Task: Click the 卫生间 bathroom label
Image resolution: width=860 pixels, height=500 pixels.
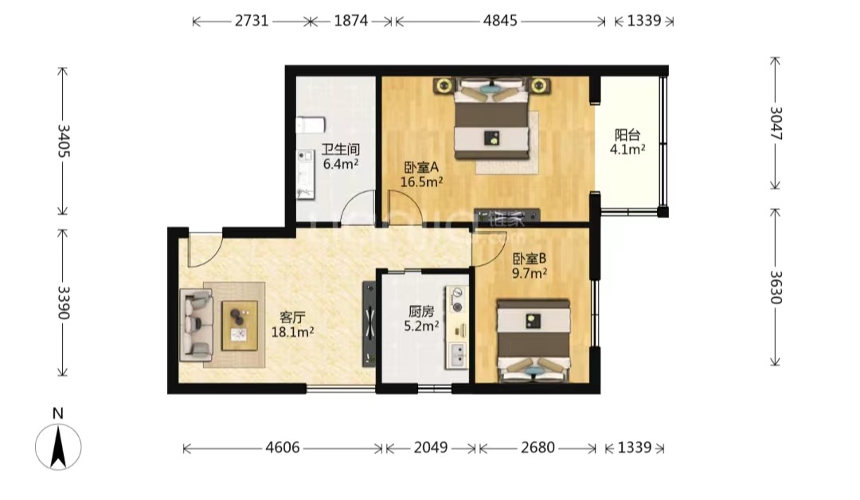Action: click(340, 149)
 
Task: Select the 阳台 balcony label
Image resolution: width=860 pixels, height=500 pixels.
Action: click(627, 135)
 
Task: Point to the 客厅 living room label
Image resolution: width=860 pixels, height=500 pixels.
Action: click(292, 318)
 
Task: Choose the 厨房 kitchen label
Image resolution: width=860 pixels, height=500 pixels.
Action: click(421, 312)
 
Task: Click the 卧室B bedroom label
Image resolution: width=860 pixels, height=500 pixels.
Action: click(530, 258)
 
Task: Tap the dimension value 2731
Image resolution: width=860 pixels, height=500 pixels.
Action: click(252, 21)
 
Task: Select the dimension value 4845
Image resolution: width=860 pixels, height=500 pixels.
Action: click(499, 21)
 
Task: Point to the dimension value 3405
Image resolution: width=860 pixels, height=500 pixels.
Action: click(64, 141)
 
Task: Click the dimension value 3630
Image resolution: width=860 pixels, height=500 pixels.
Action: click(775, 287)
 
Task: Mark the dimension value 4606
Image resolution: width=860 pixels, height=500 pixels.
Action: click(283, 448)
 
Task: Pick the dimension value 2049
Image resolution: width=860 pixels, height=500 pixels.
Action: click(431, 448)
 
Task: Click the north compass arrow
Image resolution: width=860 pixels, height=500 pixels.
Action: click(58, 447)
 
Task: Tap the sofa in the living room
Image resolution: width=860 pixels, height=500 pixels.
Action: click(197, 325)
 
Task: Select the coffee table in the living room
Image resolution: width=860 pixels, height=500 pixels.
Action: click(240, 325)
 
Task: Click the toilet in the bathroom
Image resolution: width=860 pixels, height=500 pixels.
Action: click(311, 125)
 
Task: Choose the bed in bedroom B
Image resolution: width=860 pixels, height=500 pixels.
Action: click(534, 340)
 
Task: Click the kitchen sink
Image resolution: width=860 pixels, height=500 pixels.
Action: click(457, 355)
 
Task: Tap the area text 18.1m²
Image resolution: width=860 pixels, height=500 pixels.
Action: click(292, 332)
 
